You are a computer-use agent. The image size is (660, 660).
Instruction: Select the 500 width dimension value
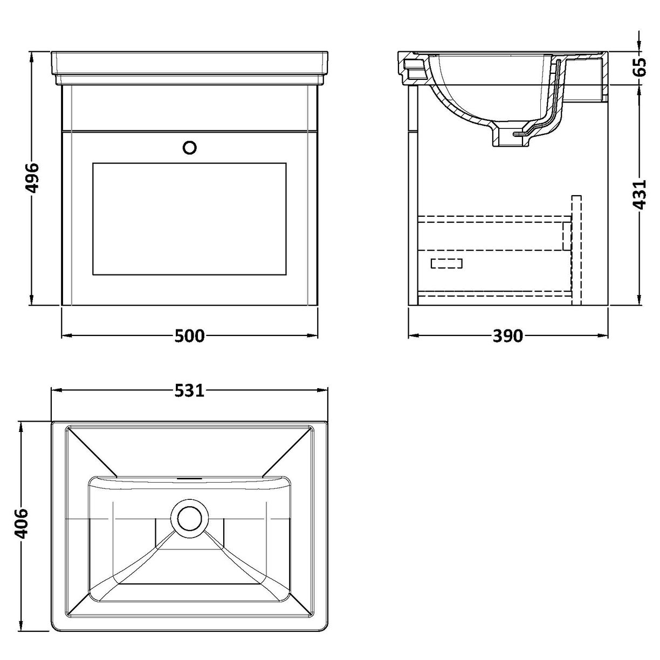coord(190,336)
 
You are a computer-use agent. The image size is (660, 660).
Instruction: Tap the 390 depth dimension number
coord(507,336)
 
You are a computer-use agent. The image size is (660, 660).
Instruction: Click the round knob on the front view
coord(190,147)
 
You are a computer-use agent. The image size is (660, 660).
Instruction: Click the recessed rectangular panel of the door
coord(189,217)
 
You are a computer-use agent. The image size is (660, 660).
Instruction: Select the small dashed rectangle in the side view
coord(447,263)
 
